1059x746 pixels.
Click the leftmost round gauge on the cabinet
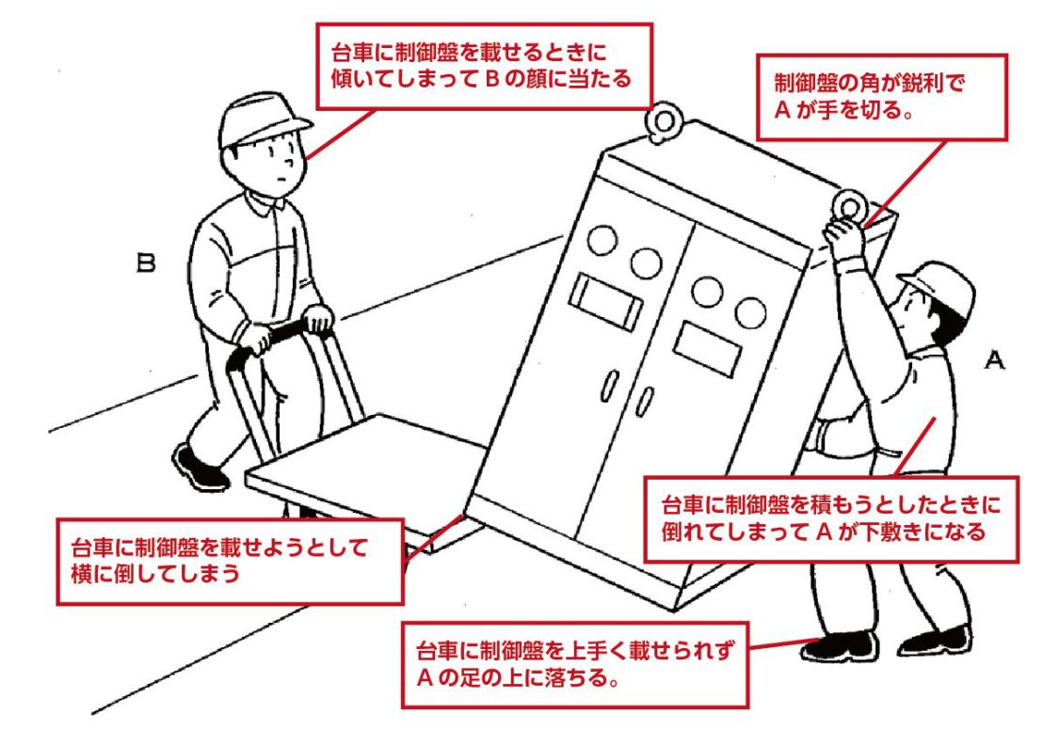coord(601,241)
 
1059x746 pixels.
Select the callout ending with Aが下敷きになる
coord(830,518)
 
